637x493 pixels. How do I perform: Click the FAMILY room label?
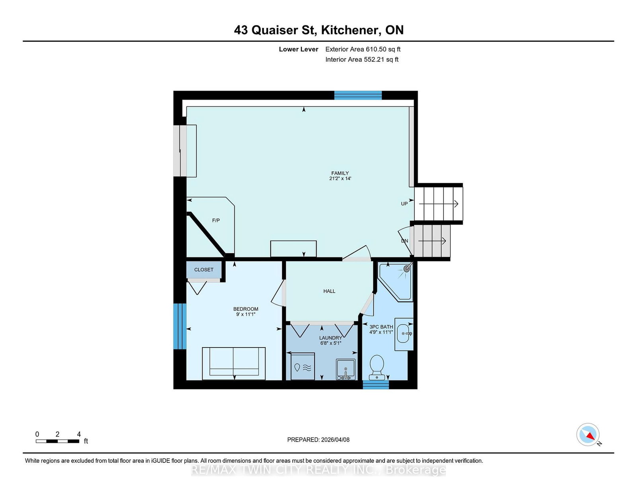(340, 173)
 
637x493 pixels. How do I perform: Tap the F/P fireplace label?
(216, 220)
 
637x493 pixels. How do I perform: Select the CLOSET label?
(204, 270)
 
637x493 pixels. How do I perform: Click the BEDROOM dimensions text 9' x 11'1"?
(246, 314)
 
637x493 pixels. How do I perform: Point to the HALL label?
(329, 291)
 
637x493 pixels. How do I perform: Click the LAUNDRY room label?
(330, 338)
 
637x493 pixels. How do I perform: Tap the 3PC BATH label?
(381, 327)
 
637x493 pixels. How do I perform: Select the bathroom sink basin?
(403, 334)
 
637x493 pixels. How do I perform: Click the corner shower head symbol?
(407, 269)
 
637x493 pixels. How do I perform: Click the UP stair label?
(404, 204)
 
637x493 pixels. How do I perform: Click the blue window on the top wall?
(358, 95)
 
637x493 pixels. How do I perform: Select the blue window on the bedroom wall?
(180, 326)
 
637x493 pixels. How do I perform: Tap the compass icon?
(588, 434)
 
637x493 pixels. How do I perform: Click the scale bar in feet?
(57, 441)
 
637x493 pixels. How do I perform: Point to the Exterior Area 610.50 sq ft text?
(363, 49)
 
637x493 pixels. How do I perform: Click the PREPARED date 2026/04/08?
(318, 440)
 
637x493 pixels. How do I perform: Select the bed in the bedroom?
(234, 363)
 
